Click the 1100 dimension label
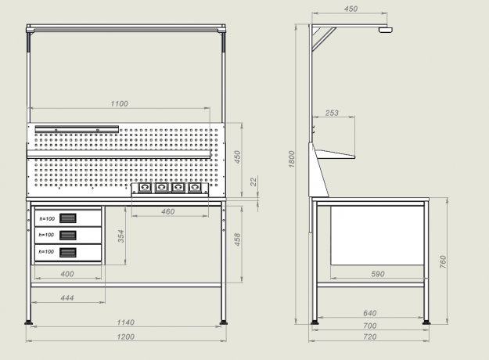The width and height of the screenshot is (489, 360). tap(120, 103)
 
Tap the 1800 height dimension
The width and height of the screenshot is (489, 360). tap(292, 159)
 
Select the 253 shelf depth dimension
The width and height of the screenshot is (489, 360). tap(332, 113)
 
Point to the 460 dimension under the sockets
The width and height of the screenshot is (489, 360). tap(167, 212)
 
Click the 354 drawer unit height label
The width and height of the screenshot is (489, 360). tap(121, 236)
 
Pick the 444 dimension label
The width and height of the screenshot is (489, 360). tap(67, 298)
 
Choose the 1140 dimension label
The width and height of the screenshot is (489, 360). tap(126, 322)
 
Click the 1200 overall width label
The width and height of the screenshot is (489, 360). tap(126, 337)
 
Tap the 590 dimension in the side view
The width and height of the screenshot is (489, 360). tap(378, 274)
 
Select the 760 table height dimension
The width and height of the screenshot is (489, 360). tap(443, 261)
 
